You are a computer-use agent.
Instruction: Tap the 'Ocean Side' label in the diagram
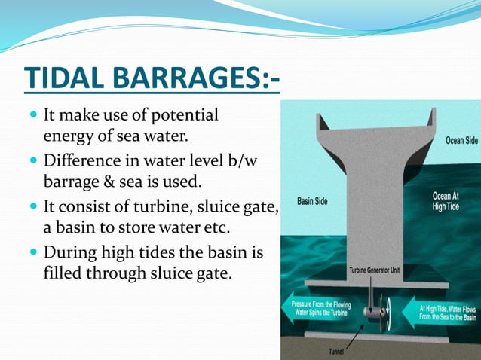(x=459, y=140)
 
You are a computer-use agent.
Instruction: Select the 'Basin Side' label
(x=315, y=201)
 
